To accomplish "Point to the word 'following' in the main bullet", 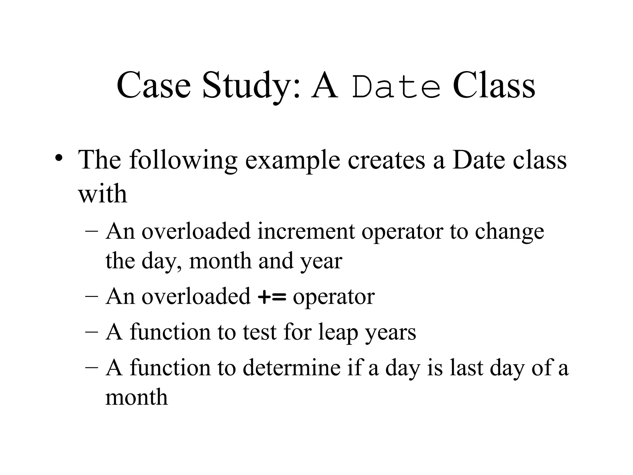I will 183,160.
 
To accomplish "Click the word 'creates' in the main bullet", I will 386,160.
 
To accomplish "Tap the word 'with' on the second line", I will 103,194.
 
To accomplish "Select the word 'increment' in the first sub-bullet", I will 306,231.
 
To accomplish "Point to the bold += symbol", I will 272,297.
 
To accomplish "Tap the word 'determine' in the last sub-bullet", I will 291,368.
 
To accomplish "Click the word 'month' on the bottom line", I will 136,397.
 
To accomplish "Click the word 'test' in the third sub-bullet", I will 259,332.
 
